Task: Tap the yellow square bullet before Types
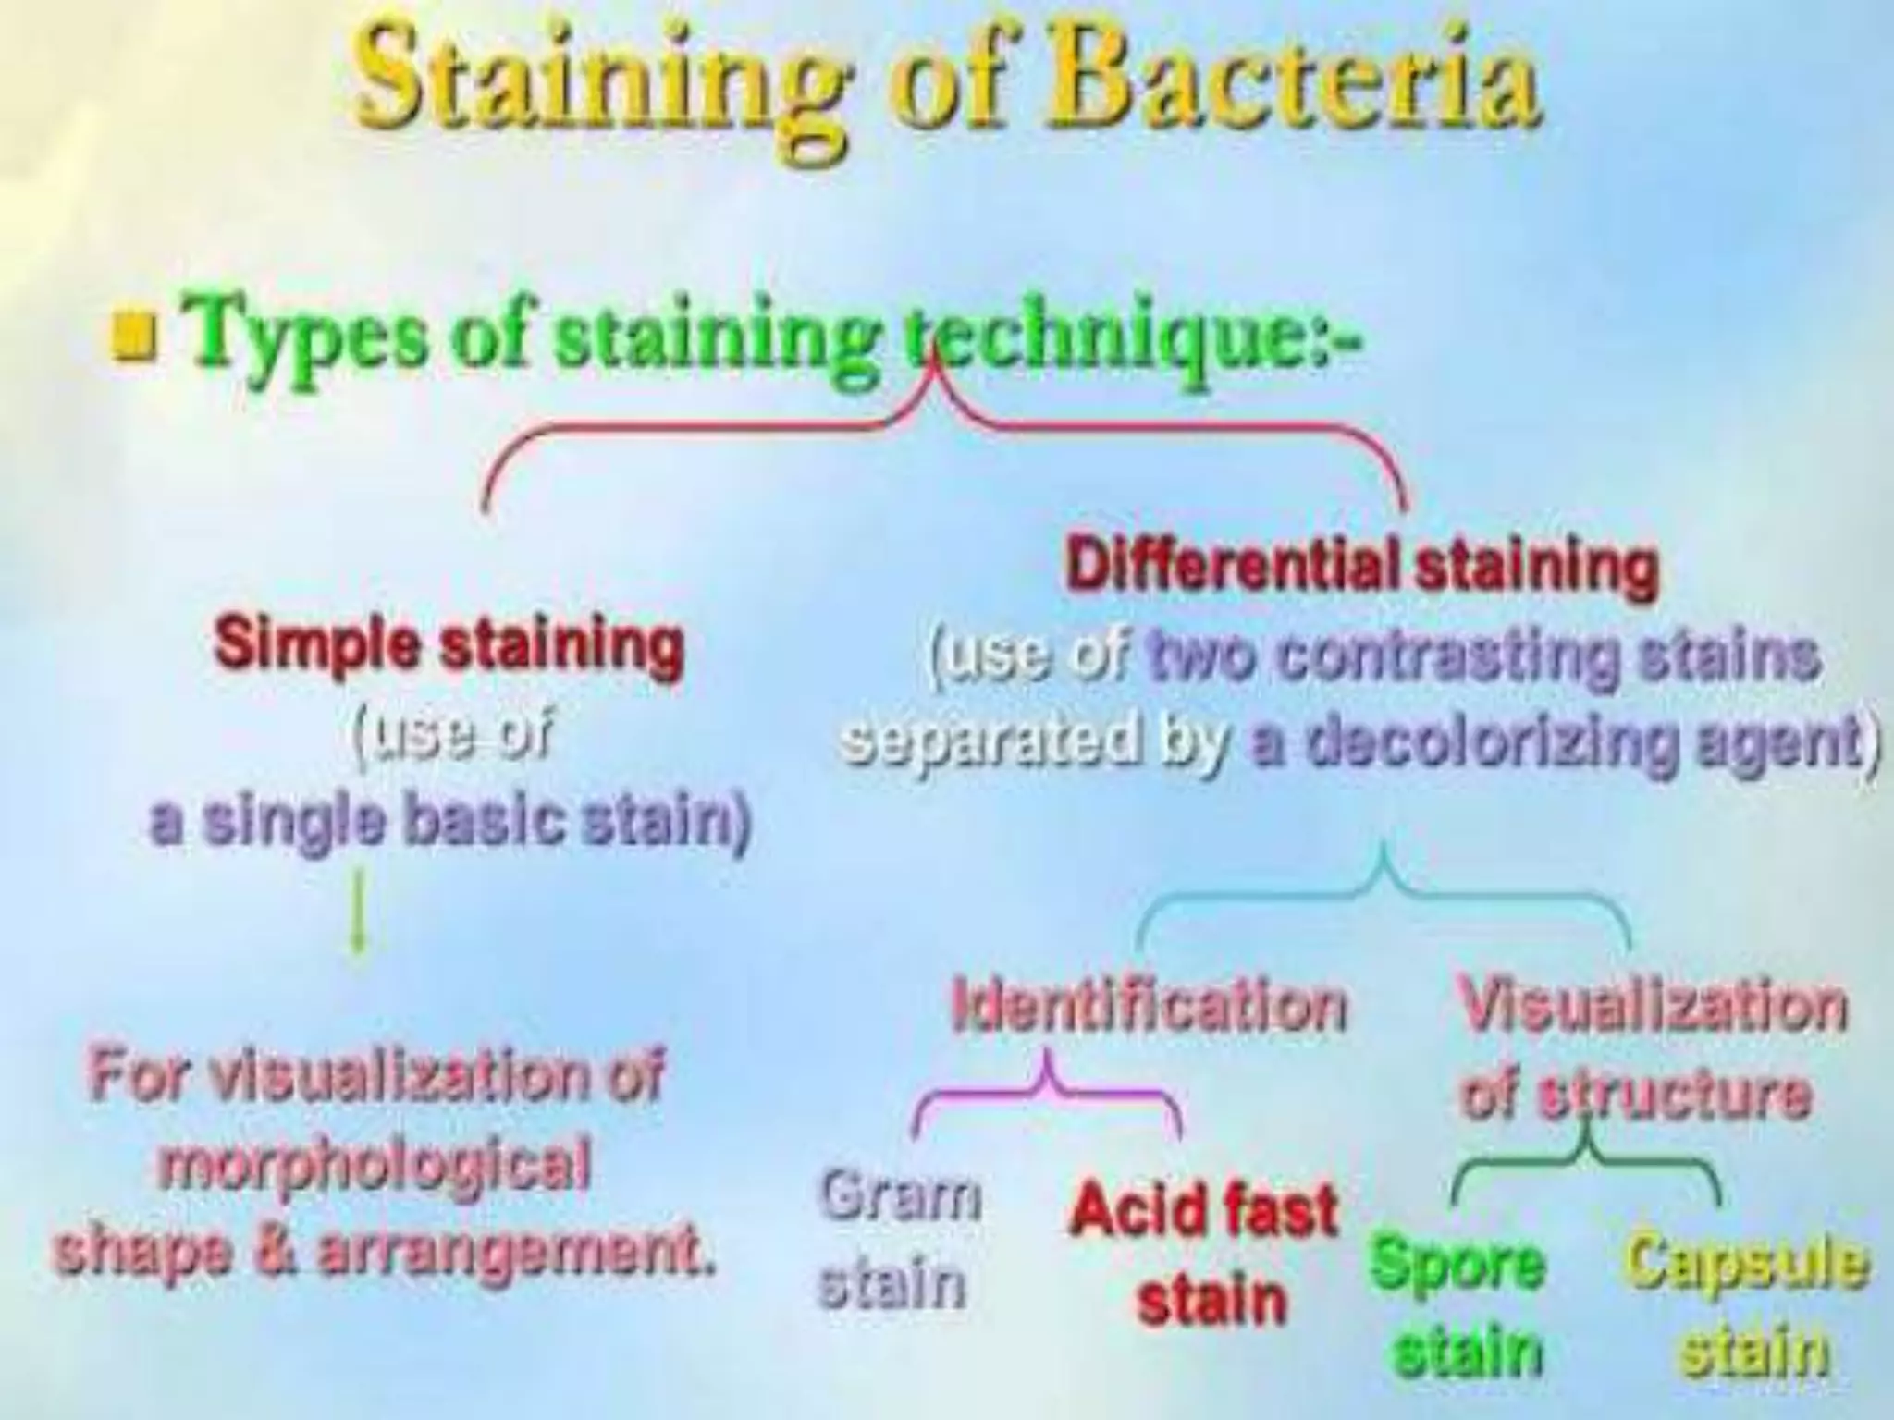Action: [x=133, y=337]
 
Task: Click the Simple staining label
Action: [x=449, y=644]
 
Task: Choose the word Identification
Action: [x=1150, y=1006]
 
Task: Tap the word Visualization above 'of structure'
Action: [x=1653, y=1006]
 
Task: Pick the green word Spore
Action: [x=1457, y=1263]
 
